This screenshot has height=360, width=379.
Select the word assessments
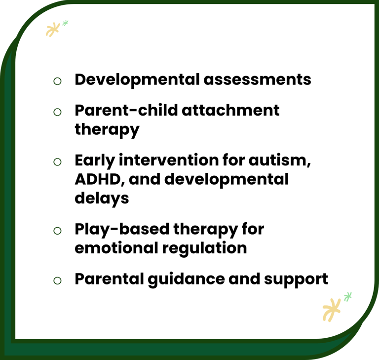(258, 80)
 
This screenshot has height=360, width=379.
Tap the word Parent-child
(126, 110)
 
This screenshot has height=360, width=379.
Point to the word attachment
(230, 110)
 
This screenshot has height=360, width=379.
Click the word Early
(95, 161)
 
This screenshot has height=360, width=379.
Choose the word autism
(280, 160)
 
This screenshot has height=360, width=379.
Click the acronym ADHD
(100, 180)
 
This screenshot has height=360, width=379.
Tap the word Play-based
(122, 230)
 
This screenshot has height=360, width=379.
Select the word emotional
(116, 248)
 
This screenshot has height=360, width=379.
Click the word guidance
(186, 280)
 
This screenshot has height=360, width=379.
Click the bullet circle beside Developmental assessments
(57, 81)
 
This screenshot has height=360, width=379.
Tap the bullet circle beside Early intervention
(57, 162)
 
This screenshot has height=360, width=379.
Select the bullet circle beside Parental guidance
(57, 280)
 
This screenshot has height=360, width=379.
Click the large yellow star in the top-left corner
(53, 30)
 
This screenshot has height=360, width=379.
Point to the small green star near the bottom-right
(348, 297)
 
